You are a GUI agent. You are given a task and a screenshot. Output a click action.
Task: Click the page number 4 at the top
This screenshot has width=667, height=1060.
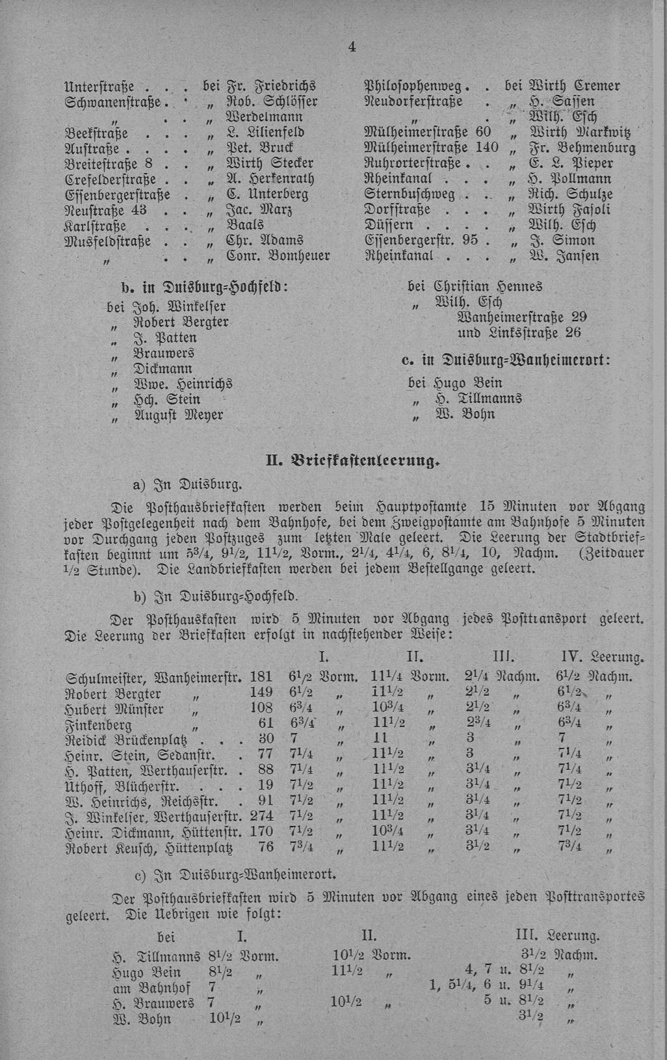pos(352,46)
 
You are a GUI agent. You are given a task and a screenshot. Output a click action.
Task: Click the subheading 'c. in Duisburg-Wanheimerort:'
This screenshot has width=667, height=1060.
pos(506,361)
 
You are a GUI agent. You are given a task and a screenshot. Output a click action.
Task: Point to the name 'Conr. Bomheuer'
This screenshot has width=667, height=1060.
pos(278,256)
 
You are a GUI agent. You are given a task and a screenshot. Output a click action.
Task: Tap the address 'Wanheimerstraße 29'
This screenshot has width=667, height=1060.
pos(523,317)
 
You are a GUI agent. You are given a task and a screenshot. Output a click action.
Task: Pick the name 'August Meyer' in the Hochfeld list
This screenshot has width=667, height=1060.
pos(178,414)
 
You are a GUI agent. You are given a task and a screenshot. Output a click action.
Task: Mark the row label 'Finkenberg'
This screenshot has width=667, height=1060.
pos(99,724)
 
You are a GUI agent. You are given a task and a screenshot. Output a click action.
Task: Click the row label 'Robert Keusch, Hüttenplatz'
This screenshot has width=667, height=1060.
pos(150,847)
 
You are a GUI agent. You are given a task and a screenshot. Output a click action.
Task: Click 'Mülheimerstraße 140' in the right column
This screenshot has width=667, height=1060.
pos(432,148)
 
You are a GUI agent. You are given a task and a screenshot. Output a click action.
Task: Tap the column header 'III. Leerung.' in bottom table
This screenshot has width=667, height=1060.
pos(557,936)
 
